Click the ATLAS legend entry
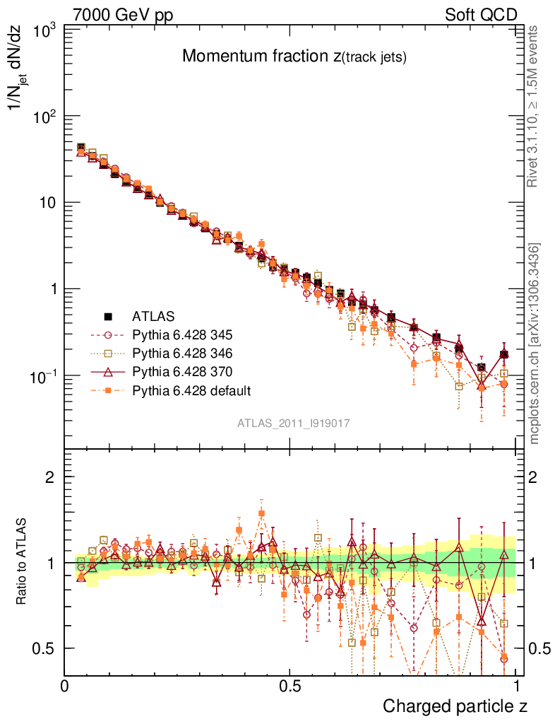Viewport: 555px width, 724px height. (x=153, y=315)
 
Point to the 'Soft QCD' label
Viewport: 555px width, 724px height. (x=481, y=15)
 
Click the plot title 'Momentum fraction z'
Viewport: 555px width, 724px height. (x=294, y=57)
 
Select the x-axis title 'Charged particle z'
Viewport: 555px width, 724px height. (x=455, y=706)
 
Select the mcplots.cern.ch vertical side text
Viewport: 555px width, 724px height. (x=534, y=344)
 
